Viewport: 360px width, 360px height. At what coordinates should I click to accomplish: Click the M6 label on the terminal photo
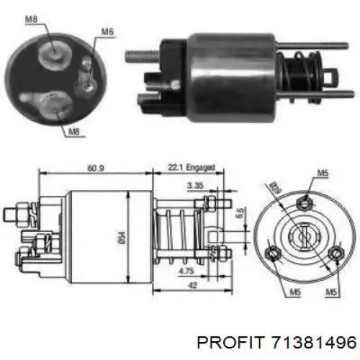[x=107, y=32]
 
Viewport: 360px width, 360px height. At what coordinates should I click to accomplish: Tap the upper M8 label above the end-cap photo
[x=32, y=19]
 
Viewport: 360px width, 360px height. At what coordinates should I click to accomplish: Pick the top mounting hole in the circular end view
[x=307, y=199]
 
